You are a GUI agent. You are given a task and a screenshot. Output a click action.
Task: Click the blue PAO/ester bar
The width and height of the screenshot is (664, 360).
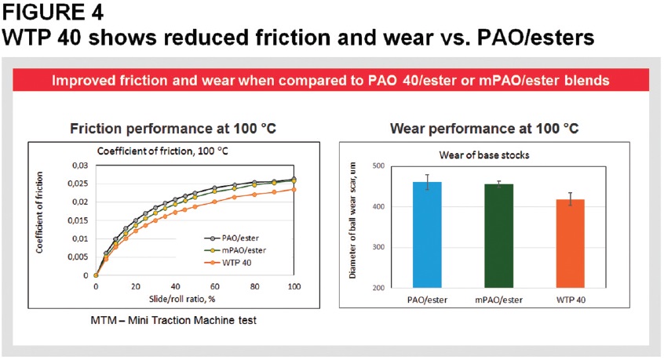[427, 235]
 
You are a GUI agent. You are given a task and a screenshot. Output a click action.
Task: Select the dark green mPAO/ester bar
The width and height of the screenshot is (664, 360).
[499, 236]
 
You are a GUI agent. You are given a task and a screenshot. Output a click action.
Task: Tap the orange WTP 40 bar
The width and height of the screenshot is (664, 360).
[571, 244]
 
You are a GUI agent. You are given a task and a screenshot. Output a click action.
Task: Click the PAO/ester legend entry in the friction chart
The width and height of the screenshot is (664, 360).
[232, 238]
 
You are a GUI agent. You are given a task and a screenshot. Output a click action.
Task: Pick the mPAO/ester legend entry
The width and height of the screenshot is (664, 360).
[235, 250]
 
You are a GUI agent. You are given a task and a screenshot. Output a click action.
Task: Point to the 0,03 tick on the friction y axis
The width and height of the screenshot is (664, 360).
[80, 165]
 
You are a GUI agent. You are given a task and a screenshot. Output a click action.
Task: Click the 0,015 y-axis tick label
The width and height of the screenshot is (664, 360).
[78, 220]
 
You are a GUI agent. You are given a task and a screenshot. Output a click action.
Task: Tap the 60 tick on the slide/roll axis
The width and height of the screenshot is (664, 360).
[215, 286]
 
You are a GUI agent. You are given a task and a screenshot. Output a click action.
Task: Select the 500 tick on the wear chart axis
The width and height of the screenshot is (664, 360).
[378, 165]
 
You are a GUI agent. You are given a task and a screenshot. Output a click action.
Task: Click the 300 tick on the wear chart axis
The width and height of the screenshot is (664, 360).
[378, 247]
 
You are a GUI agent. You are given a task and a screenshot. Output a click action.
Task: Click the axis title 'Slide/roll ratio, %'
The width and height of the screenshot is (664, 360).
[182, 299]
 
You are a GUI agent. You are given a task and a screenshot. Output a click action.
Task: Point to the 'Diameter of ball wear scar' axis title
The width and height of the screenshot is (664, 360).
[352, 220]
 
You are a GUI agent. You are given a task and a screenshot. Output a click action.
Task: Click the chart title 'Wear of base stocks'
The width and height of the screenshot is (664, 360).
[484, 155]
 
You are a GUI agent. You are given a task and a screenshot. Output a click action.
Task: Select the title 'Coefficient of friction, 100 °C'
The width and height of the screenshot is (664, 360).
[162, 151]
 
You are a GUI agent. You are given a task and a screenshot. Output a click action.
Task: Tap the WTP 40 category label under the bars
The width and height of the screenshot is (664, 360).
[571, 300]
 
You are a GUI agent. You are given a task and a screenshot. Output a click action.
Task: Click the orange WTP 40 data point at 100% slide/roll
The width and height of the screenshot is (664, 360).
[294, 190]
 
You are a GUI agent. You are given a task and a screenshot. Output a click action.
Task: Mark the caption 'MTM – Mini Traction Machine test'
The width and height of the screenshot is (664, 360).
[173, 320]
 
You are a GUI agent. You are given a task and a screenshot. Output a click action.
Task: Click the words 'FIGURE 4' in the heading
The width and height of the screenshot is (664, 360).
[53, 12]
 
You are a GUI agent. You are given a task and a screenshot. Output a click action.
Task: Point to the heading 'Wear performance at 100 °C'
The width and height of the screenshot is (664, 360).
[484, 128]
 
